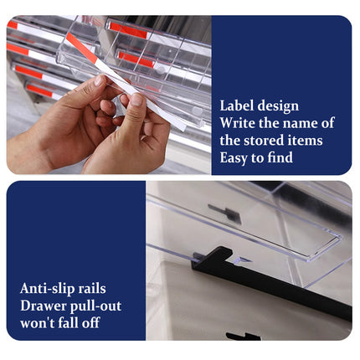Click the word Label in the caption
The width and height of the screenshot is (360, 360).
[x=237, y=105]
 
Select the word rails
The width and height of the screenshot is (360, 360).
[x=92, y=289]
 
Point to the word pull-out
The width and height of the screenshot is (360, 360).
[x=96, y=306]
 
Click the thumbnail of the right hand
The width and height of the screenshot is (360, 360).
[x=136, y=100]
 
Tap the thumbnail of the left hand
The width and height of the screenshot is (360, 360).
[x=99, y=80]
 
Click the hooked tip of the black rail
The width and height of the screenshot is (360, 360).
[x=225, y=250]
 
